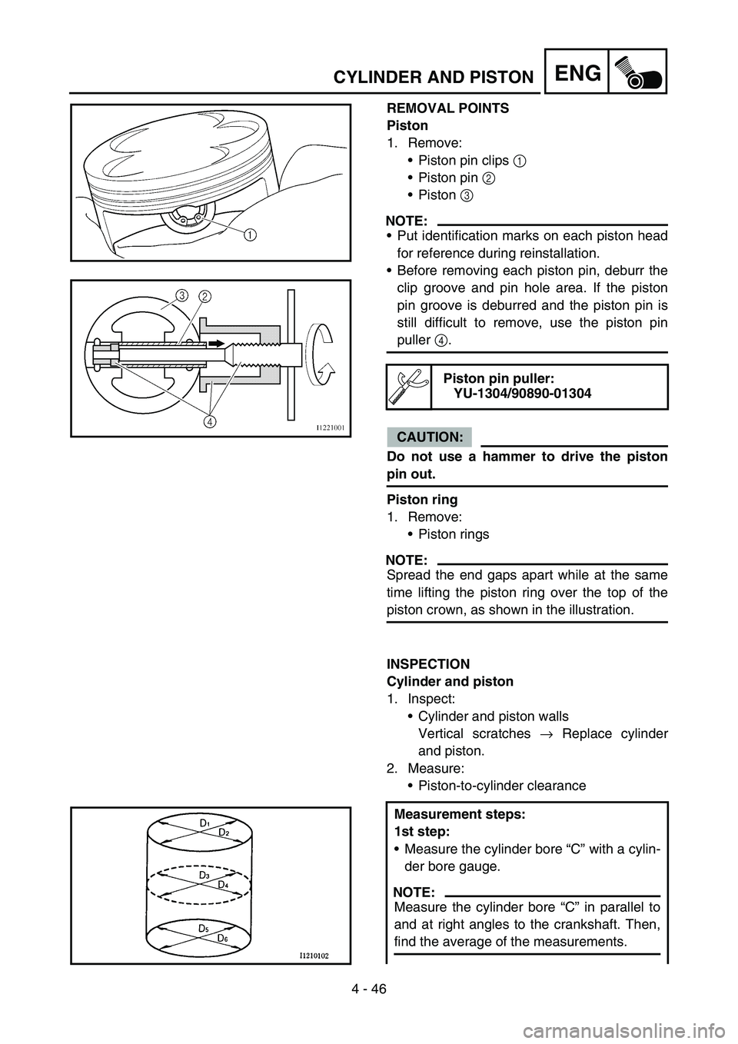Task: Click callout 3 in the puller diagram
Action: (x=181, y=295)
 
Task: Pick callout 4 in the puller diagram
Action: (x=208, y=421)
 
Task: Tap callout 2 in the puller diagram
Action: (x=206, y=295)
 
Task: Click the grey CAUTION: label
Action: (x=429, y=437)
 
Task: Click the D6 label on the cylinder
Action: (x=222, y=938)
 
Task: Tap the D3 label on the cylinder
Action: (x=204, y=875)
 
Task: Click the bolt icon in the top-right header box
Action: (x=637, y=72)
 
